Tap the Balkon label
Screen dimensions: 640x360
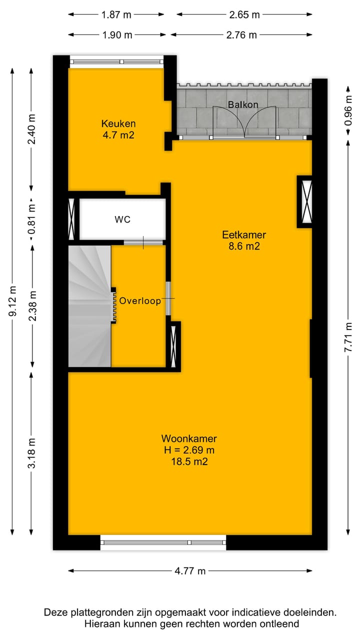point(243,104)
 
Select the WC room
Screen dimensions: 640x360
point(122,219)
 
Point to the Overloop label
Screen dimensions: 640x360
point(140,301)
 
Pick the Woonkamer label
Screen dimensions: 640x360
point(189,438)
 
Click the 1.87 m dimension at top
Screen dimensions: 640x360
point(116,14)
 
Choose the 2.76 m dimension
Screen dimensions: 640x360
point(242,34)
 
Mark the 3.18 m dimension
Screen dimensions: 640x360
point(32,452)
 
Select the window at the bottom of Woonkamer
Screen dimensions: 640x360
point(163,542)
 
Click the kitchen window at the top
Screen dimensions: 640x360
point(116,62)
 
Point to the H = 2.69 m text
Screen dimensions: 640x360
point(189,450)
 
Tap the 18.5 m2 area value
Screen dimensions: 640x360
point(189,461)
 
